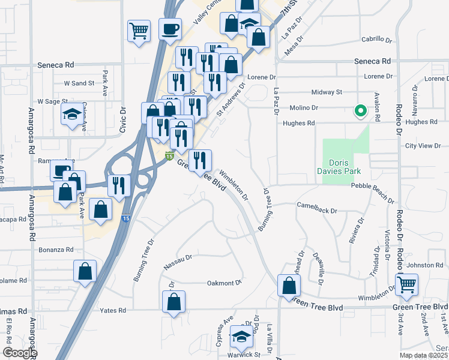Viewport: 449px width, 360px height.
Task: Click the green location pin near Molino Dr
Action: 360,111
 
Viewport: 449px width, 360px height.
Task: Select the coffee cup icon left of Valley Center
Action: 170,29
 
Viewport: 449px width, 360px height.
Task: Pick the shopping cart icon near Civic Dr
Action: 139,31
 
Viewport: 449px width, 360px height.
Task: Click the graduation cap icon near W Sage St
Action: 72,115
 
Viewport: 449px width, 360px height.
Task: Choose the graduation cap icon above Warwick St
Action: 241,338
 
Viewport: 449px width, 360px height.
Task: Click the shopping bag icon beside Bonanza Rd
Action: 85,270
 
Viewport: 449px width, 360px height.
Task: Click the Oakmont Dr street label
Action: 224,282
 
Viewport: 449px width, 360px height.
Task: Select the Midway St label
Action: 327,92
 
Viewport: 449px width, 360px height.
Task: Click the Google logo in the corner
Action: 20,353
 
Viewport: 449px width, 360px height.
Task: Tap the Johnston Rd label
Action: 424,265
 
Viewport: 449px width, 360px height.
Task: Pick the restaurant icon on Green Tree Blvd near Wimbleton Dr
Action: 200,161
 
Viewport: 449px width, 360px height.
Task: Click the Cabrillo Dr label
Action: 376,40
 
